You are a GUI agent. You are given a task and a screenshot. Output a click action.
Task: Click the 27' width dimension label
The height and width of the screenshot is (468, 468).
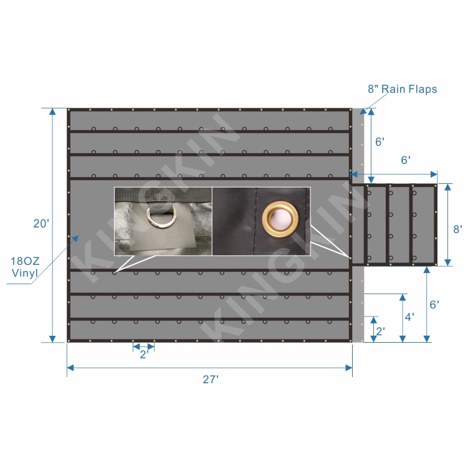pos(211,380)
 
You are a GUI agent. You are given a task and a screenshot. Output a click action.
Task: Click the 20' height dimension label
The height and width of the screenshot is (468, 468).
pos(41,223)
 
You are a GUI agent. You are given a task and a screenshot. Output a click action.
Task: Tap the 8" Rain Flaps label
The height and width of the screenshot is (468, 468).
pos(403,89)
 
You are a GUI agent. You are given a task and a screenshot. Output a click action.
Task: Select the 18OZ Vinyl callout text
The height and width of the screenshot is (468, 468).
pos(25,267)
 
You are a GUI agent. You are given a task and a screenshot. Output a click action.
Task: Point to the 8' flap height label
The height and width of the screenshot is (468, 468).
pos(457,229)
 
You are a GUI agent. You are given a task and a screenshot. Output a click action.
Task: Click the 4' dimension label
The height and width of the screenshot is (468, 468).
pos(409,317)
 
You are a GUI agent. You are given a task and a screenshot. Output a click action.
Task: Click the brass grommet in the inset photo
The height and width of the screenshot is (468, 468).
pos(280,219)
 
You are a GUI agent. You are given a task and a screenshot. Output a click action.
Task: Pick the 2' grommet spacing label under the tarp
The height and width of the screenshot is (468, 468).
pos(144,355)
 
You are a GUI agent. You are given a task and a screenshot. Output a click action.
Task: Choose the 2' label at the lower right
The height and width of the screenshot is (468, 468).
pos(380,332)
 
